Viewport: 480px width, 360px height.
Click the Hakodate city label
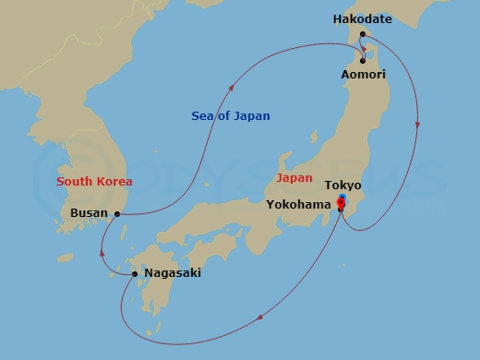click(x=363, y=18)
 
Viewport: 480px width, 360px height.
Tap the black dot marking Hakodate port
click(x=363, y=35)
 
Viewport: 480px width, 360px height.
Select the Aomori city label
click(x=363, y=74)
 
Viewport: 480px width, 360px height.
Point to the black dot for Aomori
click(x=363, y=61)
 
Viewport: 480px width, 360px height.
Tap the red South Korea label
click(x=94, y=181)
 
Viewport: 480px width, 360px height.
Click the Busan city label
click(x=89, y=213)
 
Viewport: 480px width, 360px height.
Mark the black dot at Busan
click(x=117, y=214)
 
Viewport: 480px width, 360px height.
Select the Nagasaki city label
click(x=173, y=273)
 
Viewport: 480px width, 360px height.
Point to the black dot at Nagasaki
click(x=135, y=274)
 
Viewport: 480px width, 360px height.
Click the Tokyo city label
click(x=343, y=186)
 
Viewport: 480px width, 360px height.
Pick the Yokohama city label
click(x=299, y=204)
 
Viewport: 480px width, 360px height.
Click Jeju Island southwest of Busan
click(x=64, y=258)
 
